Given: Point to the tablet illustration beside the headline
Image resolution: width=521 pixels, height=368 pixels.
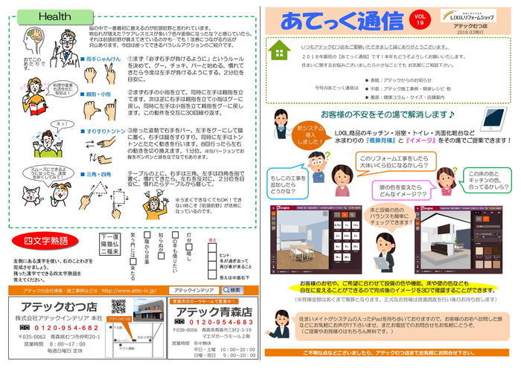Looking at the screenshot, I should (x=490, y=118).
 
